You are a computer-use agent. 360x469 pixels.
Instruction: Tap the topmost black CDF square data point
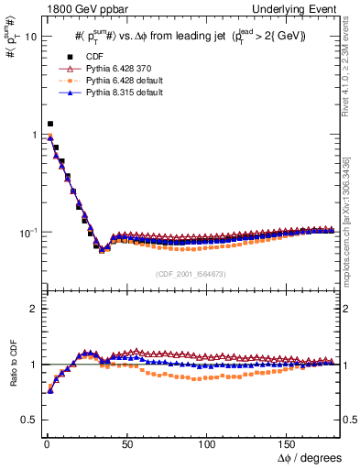49,124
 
